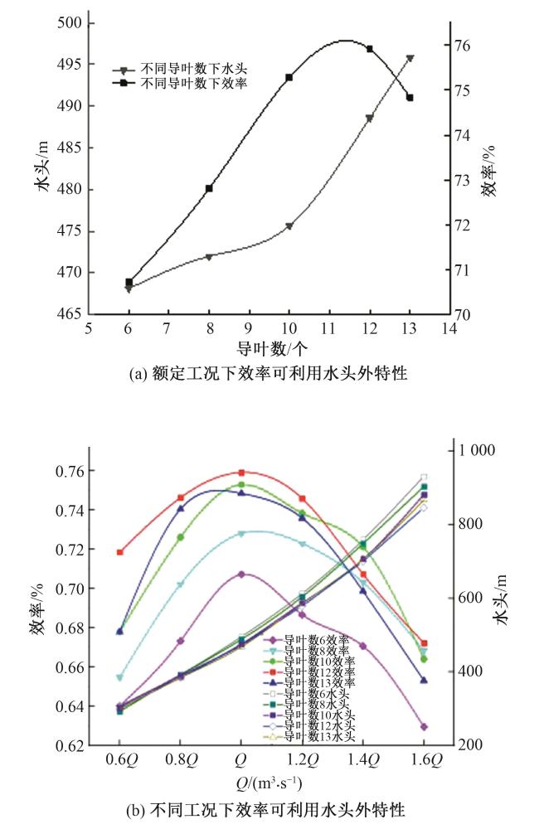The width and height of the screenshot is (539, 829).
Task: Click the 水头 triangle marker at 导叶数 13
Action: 410,58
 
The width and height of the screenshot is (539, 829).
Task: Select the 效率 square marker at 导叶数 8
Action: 209,188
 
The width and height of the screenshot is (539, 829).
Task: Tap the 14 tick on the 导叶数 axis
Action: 449,329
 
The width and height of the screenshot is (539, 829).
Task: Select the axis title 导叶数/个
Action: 269,348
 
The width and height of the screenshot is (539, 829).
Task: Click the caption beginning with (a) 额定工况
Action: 269,374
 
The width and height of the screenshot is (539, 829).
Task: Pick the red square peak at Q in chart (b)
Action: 241,473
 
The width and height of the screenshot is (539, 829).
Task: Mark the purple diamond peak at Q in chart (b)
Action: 241,574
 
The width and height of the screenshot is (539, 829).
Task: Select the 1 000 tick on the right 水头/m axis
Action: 472,450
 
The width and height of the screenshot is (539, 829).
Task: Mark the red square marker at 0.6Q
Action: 120,552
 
